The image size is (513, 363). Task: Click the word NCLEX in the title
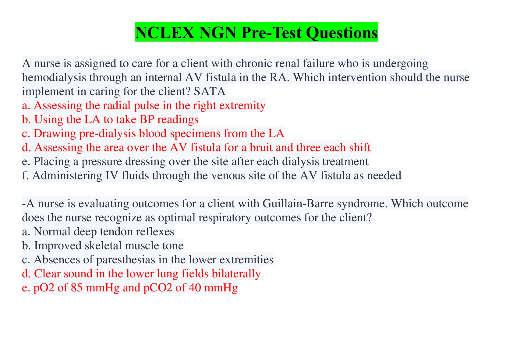165,33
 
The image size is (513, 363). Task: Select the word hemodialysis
54,77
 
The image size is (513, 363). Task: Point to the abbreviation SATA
210,91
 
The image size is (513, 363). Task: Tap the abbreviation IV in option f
111,176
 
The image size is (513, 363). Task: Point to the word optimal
177,218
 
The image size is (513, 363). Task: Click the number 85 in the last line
76,288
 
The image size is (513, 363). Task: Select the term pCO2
157,288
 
